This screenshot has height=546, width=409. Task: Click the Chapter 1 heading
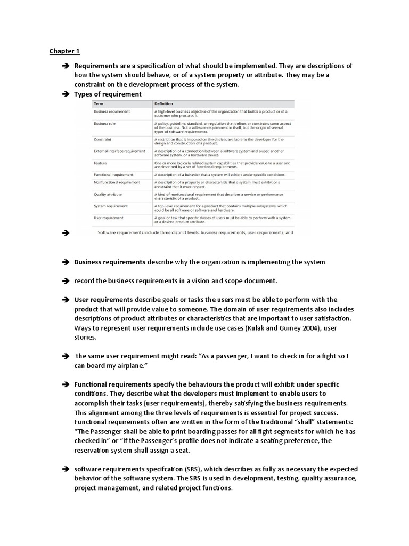click(64, 51)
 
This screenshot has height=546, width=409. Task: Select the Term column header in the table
click(98, 103)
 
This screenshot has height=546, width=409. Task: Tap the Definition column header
click(163, 103)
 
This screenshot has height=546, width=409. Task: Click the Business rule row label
click(104, 123)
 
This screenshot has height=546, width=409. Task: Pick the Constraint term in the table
click(102, 139)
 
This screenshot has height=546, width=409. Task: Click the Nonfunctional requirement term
click(117, 182)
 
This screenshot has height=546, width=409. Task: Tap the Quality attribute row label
click(108, 195)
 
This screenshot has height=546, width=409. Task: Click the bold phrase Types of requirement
click(108, 94)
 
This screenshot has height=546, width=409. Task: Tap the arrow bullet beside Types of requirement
click(66, 94)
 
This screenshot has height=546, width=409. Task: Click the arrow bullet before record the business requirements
click(66, 281)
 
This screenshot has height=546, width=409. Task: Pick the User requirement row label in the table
click(108, 218)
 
